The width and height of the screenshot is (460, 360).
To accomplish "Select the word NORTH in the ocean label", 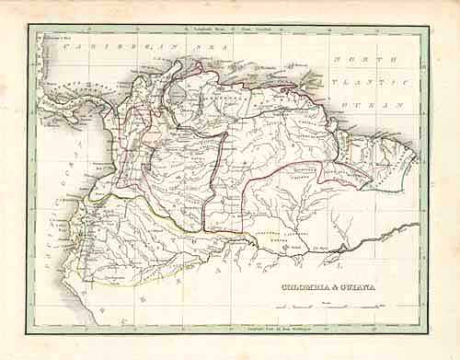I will (x=351, y=60).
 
